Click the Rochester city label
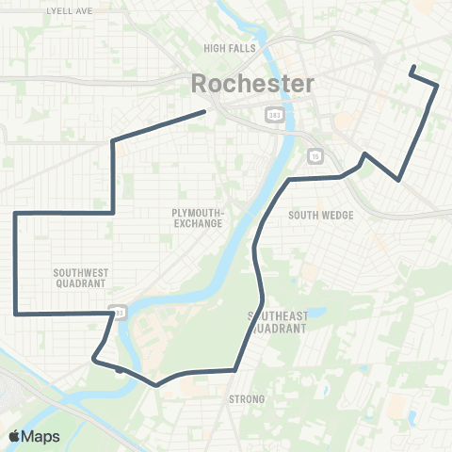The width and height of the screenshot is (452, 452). [252, 83]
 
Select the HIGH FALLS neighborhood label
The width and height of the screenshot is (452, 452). [224, 47]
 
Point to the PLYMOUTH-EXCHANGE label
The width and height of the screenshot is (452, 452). [198, 218]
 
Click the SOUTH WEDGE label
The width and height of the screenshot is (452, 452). [321, 216]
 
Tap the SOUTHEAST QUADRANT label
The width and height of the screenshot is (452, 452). [279, 322]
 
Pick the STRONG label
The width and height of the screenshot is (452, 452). [248, 400]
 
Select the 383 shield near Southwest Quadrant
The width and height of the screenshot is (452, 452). [117, 311]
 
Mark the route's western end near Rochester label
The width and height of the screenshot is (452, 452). [205, 112]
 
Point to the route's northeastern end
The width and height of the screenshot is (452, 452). [412, 67]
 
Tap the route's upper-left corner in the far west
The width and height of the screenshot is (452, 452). [16, 215]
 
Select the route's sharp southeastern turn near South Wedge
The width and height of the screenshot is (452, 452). [400, 179]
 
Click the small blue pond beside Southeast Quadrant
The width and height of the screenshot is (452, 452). [317, 313]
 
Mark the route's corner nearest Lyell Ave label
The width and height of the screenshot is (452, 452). [114, 141]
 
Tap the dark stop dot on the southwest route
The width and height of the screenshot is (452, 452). [118, 370]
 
